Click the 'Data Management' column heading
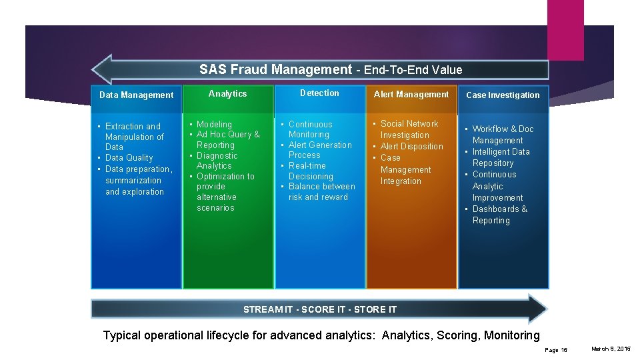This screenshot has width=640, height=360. tap(136, 95)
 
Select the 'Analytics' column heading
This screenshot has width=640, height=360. tap(227, 94)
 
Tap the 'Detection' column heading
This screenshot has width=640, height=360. tap(319, 93)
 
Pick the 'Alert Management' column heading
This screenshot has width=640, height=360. tap(411, 95)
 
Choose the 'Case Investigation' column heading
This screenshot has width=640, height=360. tap(503, 95)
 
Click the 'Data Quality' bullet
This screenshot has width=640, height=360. tap(129, 158)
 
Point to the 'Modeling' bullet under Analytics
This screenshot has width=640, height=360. tap(214, 125)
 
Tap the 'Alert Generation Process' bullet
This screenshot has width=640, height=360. tap(319, 150)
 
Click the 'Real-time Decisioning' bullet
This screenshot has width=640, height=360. tap(310, 171)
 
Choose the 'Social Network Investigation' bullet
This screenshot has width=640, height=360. tap(409, 129)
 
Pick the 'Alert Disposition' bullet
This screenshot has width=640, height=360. tap(411, 147)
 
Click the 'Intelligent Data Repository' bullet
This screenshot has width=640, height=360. tap(501, 157)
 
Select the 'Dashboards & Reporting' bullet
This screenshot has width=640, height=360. tap(499, 215)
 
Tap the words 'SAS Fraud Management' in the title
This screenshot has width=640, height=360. tap(275, 69)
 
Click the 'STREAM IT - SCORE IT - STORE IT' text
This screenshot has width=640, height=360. tap(320, 309)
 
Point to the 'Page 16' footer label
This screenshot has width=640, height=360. tap(555, 350)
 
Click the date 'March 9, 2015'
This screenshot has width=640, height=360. tap(611, 349)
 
